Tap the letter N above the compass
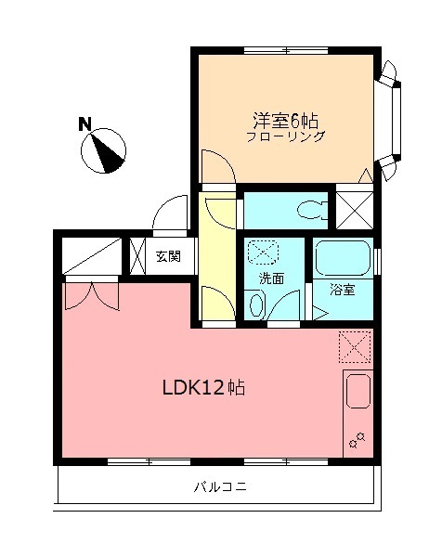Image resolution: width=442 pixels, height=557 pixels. (x=84, y=123)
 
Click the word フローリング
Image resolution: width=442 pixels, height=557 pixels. (x=286, y=136)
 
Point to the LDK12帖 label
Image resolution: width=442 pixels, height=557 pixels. (x=204, y=387)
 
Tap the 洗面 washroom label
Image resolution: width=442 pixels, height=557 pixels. (x=271, y=278)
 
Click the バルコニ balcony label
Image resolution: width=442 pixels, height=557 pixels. (x=220, y=487)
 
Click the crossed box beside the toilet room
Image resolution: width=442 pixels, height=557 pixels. (x=353, y=209)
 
